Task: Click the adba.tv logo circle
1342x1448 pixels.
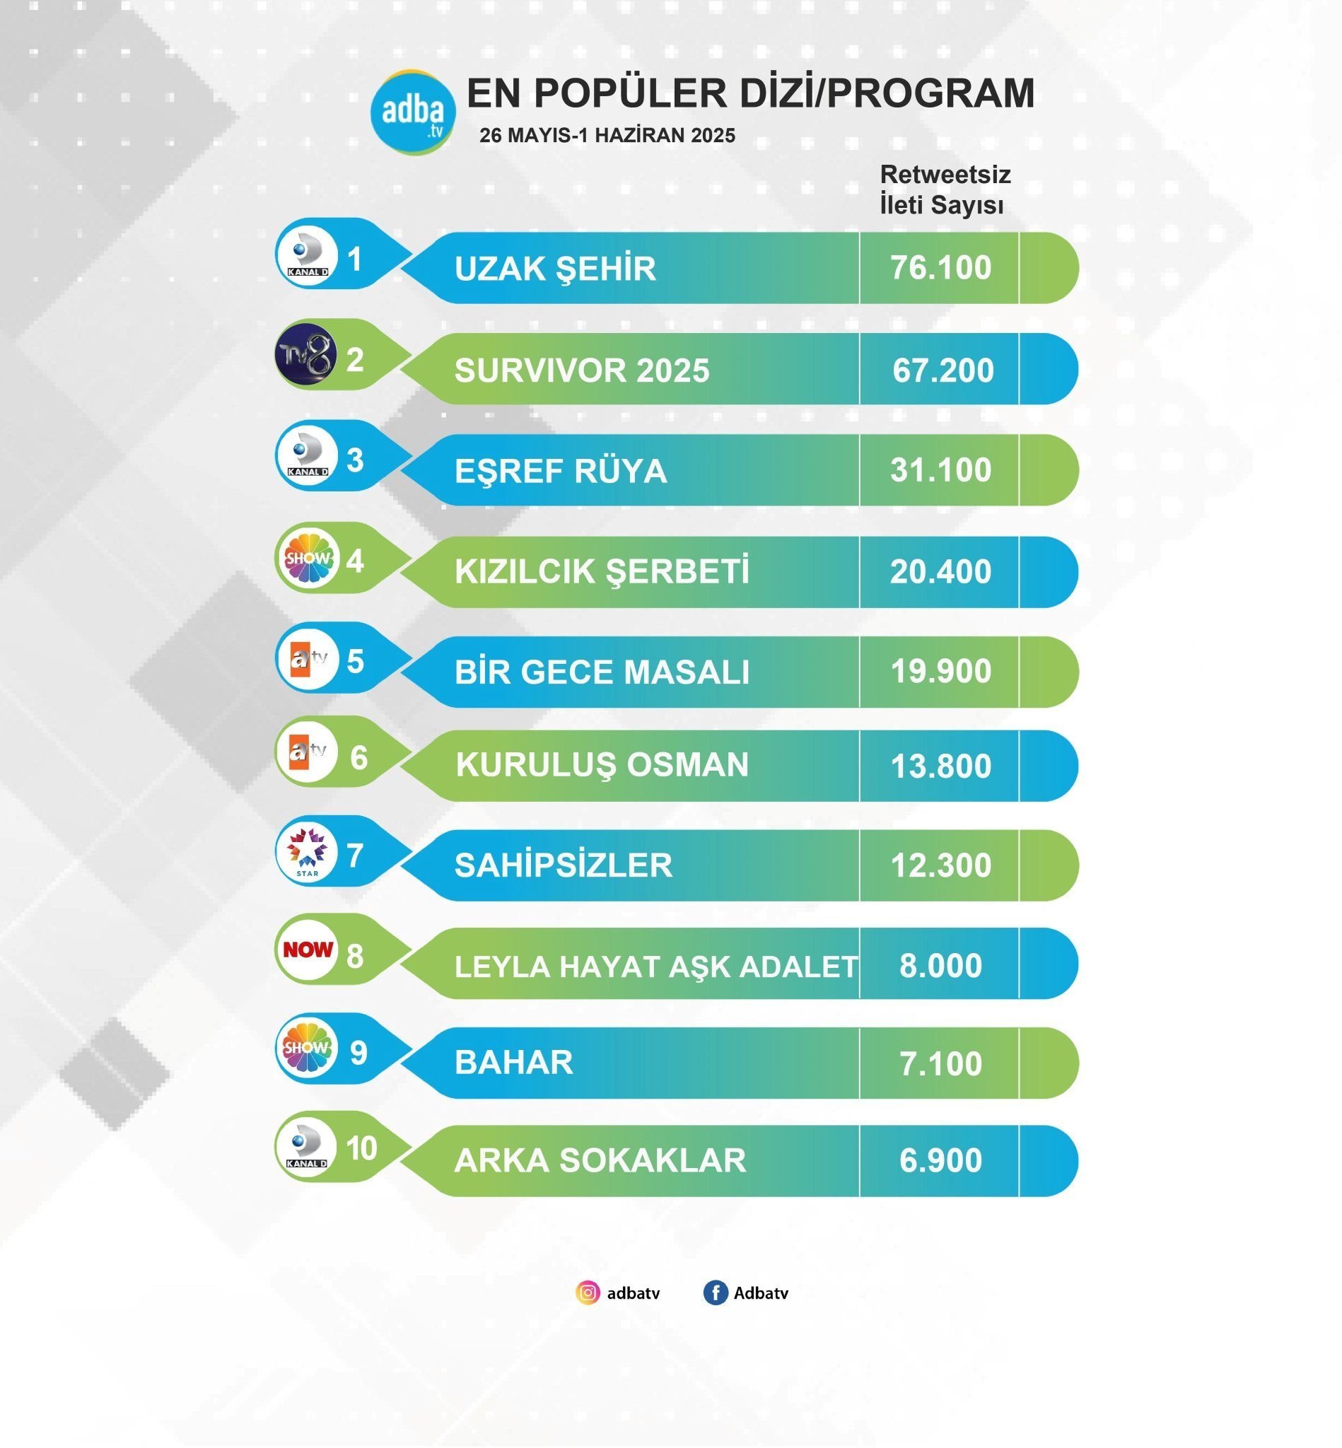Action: click(412, 112)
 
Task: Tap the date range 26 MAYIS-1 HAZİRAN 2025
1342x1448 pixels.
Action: click(607, 136)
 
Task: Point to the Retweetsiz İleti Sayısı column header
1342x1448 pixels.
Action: click(944, 189)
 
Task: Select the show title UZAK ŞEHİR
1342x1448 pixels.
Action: click(555, 269)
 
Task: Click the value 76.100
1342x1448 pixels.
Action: click(940, 268)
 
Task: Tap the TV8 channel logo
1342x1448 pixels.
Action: click(307, 354)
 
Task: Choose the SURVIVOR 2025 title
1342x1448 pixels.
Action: click(582, 370)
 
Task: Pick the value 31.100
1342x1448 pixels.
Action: click(940, 470)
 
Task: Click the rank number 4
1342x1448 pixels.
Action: click(355, 561)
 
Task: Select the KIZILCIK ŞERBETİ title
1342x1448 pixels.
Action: click(601, 571)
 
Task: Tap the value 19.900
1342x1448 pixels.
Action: click(940, 671)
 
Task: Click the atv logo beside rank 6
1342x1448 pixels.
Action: click(308, 751)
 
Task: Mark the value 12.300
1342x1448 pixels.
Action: click(940, 865)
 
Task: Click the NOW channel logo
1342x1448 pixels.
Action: click(308, 949)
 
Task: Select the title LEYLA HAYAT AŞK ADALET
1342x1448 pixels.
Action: click(655, 967)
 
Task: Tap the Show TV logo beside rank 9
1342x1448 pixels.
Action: click(307, 1048)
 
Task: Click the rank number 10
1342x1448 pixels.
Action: click(361, 1149)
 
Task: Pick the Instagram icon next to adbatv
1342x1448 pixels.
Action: click(588, 1292)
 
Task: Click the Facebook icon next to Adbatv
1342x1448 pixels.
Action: click(715, 1292)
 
